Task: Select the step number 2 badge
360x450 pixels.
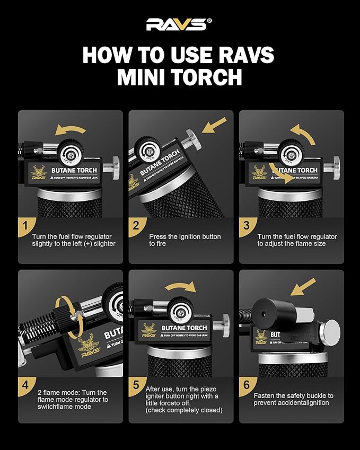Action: (x=136, y=225)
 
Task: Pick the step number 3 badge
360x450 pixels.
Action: (x=247, y=225)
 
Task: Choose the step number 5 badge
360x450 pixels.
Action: (x=136, y=385)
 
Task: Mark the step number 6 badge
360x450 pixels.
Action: (x=247, y=385)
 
